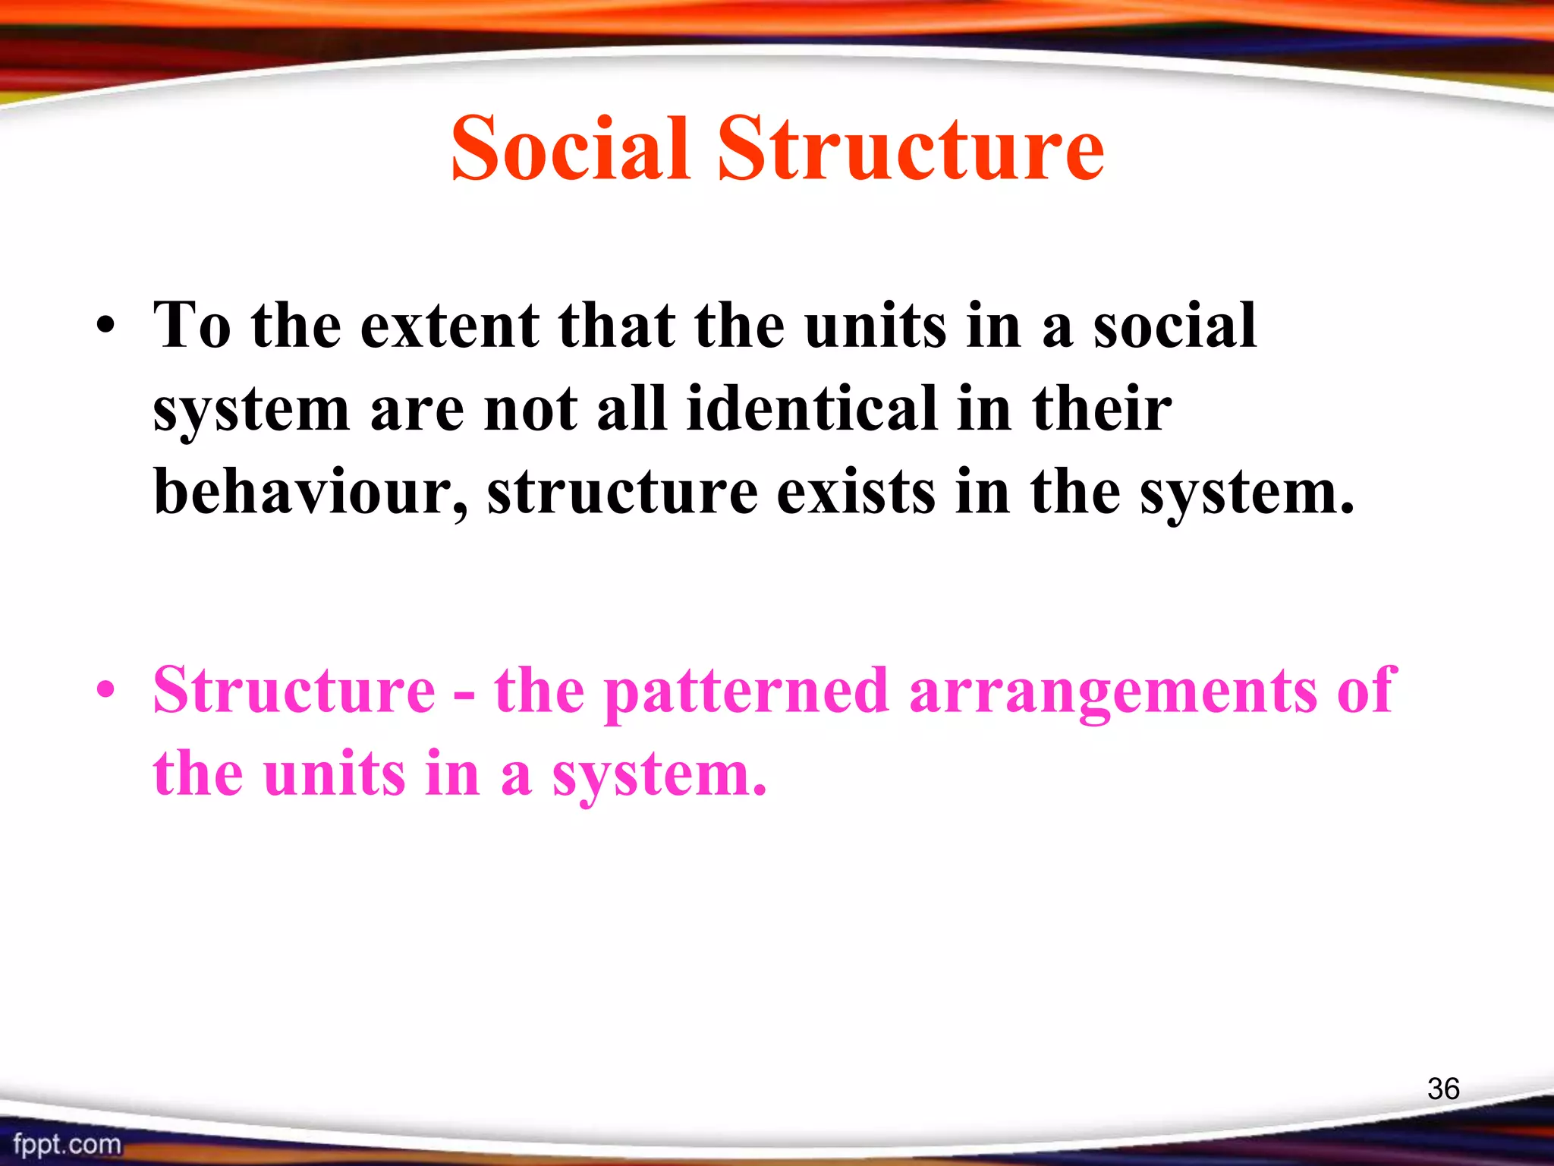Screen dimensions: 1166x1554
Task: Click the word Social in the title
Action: pos(570,149)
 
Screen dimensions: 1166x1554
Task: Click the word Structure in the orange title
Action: pos(911,149)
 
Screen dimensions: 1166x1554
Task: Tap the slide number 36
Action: pos(1442,1089)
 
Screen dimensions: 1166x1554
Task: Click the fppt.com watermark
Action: pos(67,1144)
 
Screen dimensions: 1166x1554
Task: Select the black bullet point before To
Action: pos(106,329)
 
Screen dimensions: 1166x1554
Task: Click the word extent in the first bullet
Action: pos(449,326)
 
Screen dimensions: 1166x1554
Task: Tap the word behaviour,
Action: pos(311,493)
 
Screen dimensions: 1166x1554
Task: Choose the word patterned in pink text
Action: pos(746,692)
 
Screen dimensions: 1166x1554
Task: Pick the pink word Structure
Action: pos(294,690)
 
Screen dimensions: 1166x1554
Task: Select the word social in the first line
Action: pos(1175,326)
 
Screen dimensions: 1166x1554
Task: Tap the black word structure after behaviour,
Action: pos(622,493)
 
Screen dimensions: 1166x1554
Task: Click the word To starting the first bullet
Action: pos(192,326)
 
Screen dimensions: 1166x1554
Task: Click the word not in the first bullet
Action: pos(530,409)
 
